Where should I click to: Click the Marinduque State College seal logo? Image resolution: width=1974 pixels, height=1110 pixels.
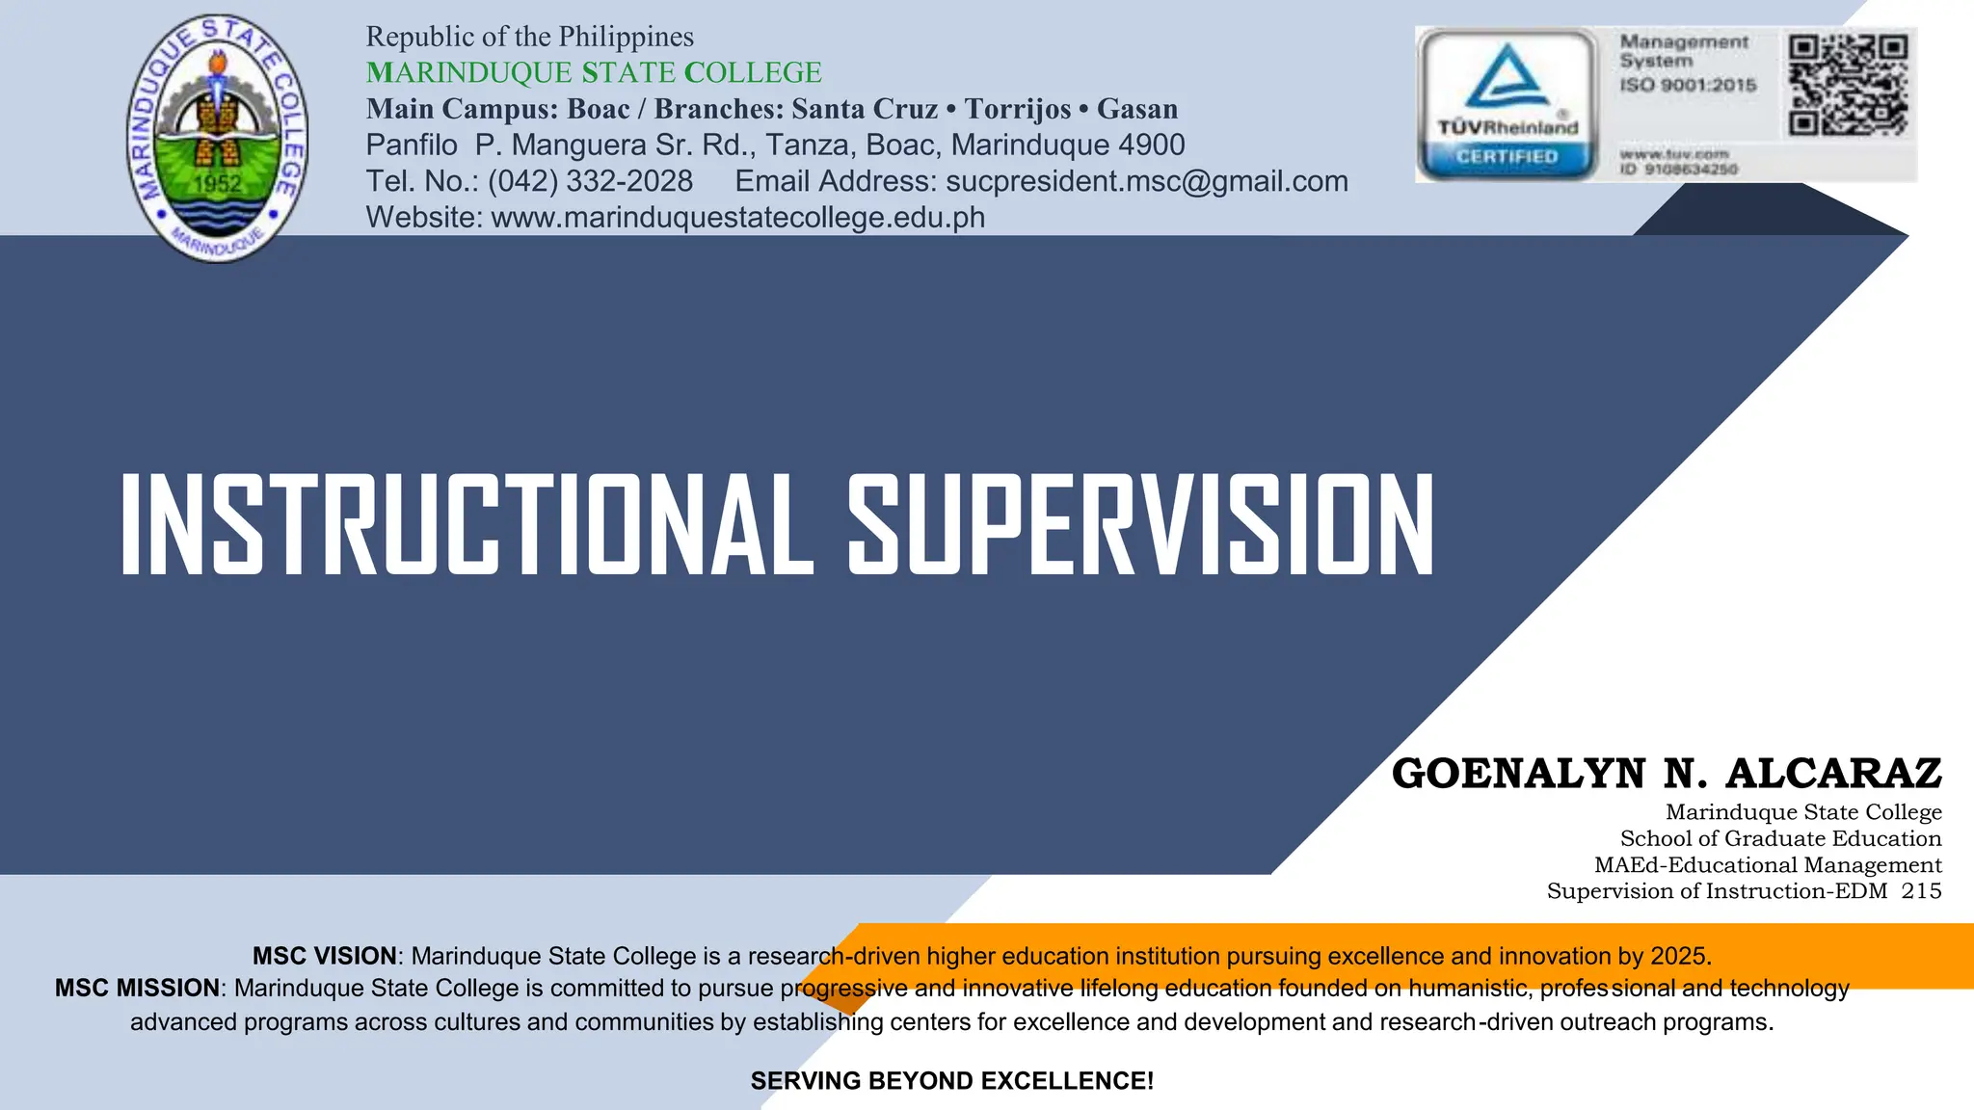point(218,138)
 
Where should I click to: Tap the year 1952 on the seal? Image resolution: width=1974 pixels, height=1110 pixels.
point(217,183)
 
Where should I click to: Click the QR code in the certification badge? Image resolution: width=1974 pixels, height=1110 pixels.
point(1848,86)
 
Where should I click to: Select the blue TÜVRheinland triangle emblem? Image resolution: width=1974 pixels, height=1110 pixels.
point(1507,77)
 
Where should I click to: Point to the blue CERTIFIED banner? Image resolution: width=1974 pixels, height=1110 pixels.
point(1507,156)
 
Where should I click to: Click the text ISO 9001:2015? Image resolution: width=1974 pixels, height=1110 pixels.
point(1688,85)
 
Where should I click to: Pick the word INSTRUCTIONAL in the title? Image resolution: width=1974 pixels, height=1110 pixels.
point(467,525)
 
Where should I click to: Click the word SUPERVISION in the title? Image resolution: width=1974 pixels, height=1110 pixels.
point(1140,525)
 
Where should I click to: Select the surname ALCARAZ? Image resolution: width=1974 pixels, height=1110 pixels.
point(1833,774)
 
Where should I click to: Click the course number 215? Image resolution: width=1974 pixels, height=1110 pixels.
point(1921,891)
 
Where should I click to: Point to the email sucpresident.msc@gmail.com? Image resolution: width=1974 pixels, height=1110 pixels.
point(1147,181)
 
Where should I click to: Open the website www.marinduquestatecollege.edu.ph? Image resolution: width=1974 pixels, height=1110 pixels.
point(737,218)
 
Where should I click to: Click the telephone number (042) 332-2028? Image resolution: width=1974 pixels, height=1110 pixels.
point(590,181)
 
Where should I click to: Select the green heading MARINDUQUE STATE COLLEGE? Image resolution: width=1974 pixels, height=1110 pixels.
point(594,72)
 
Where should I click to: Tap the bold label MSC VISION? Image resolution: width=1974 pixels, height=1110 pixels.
point(324,956)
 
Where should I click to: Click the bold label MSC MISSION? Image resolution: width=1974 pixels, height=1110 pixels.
point(137,988)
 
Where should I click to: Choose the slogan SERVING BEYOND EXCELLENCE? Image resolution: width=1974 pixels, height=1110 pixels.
point(951,1081)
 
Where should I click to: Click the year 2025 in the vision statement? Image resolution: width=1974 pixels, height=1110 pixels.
point(1678,956)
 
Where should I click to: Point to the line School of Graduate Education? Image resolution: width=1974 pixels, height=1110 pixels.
point(1780,838)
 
